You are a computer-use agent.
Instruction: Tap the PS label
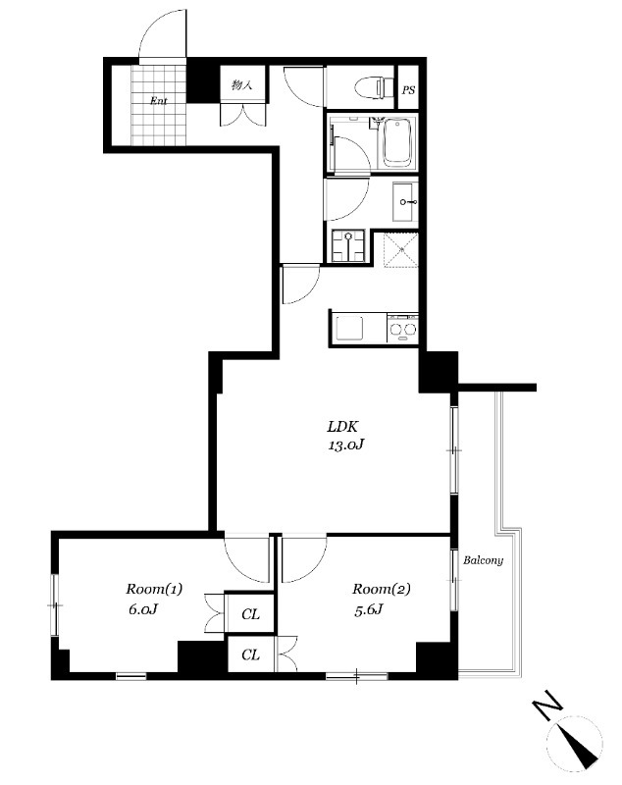[x=408, y=90]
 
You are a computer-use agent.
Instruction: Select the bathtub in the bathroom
[x=397, y=142]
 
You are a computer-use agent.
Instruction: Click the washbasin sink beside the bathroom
[x=404, y=202]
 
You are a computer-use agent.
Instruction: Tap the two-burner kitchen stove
[x=403, y=329]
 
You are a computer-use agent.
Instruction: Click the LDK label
[x=342, y=427]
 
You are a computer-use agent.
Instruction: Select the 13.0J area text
[x=345, y=445]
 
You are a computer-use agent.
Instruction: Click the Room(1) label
[x=154, y=589]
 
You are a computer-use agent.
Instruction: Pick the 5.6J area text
[x=369, y=609]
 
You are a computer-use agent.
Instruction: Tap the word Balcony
[x=483, y=560]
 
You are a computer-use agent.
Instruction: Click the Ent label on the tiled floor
[x=159, y=101]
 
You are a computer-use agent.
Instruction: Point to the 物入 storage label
[x=241, y=85]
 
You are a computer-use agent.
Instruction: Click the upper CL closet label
[x=251, y=614]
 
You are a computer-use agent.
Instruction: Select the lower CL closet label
[x=251, y=654]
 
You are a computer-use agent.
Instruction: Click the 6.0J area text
[x=143, y=609]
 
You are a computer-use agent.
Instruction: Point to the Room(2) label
[x=382, y=589]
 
